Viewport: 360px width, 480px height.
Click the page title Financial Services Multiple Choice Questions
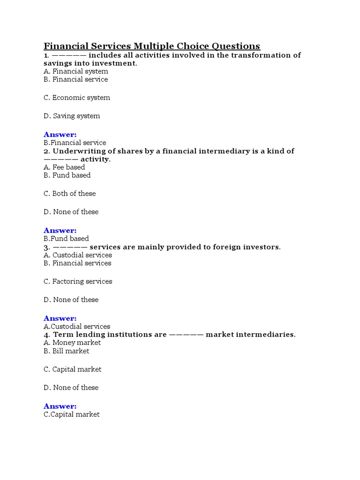point(151,46)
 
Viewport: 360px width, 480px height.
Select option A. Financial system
point(76,71)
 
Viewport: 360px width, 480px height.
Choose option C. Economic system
point(77,97)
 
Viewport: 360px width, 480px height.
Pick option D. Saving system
point(72,116)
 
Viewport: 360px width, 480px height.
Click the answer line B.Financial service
point(75,142)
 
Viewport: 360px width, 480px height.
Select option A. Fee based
point(64,167)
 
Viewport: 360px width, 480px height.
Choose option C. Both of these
point(69,194)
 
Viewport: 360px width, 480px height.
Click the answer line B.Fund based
point(66,239)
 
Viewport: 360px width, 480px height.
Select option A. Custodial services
point(78,255)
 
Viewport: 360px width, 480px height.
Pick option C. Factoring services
point(78,281)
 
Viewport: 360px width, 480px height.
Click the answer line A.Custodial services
point(77,326)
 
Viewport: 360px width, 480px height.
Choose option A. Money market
point(72,343)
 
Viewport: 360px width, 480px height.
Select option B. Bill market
point(66,351)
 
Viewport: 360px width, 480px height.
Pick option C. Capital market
point(73,369)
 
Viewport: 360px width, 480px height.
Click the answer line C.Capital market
point(72,414)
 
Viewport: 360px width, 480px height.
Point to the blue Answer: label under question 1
point(60,135)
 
